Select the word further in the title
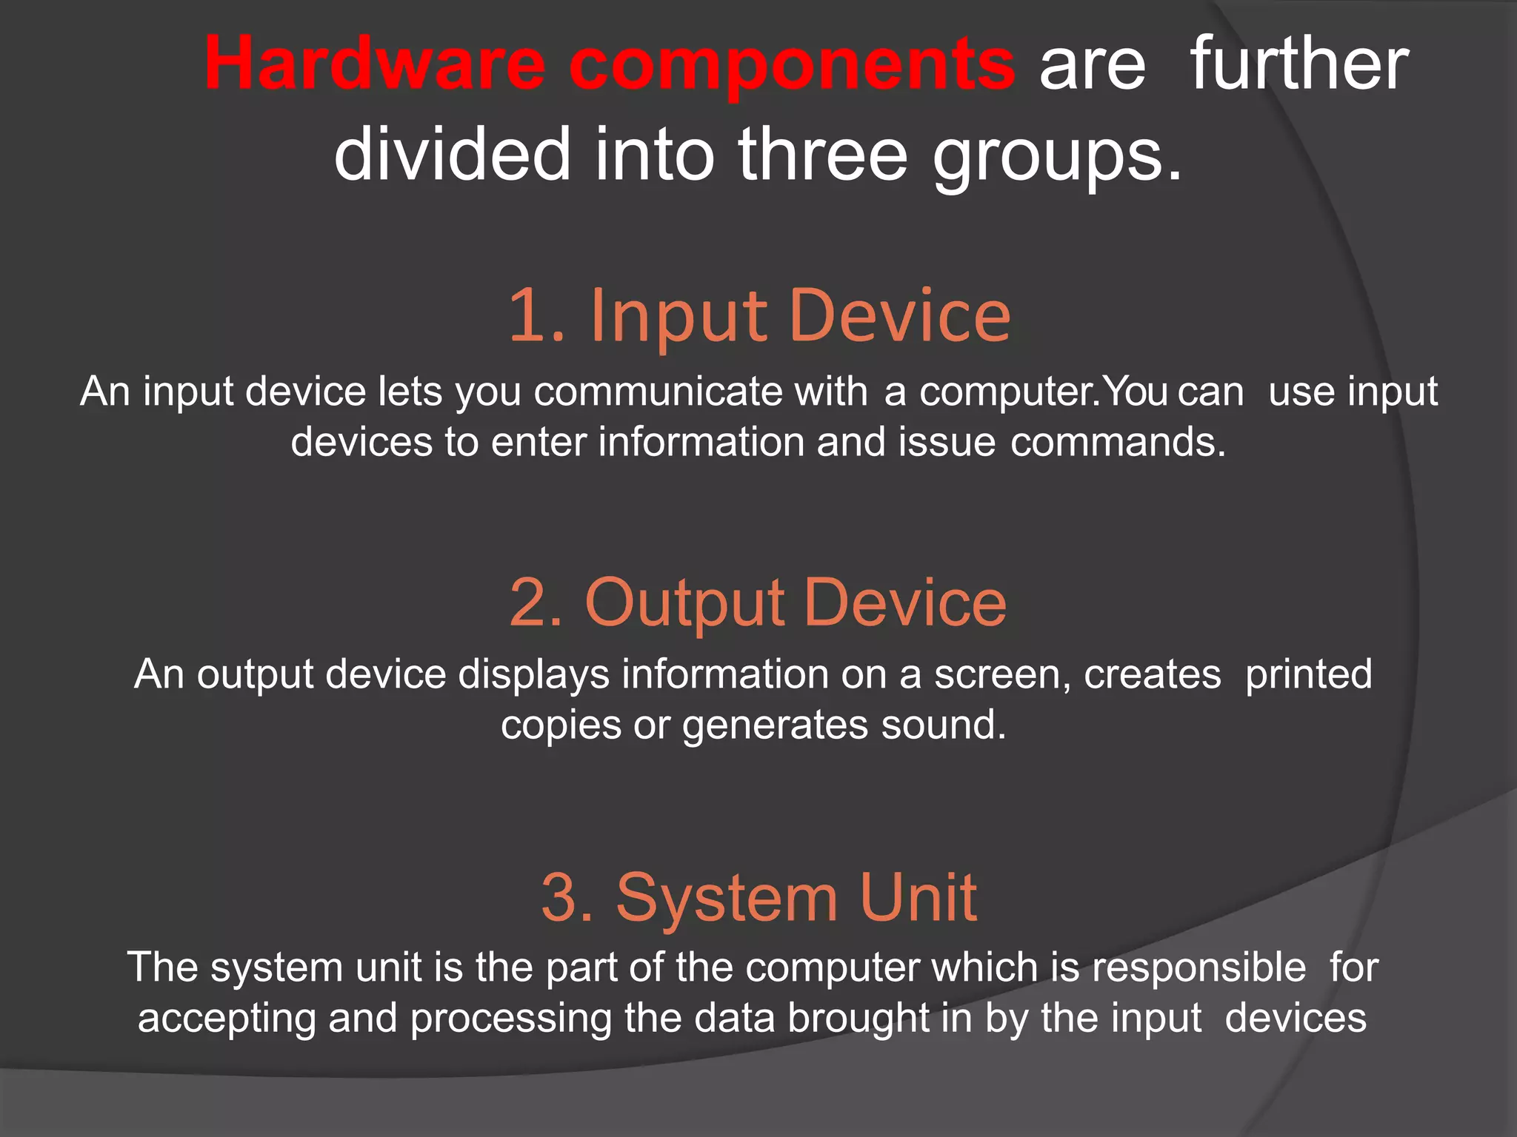(1298, 65)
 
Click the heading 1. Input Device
(759, 316)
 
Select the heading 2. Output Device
(758, 603)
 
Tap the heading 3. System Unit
(758, 897)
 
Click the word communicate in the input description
(658, 391)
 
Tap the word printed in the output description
(1308, 674)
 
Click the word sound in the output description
(943, 725)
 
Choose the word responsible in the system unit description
(1198, 967)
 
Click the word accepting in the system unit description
(227, 1019)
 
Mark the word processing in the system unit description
(510, 1019)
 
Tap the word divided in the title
(452, 154)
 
